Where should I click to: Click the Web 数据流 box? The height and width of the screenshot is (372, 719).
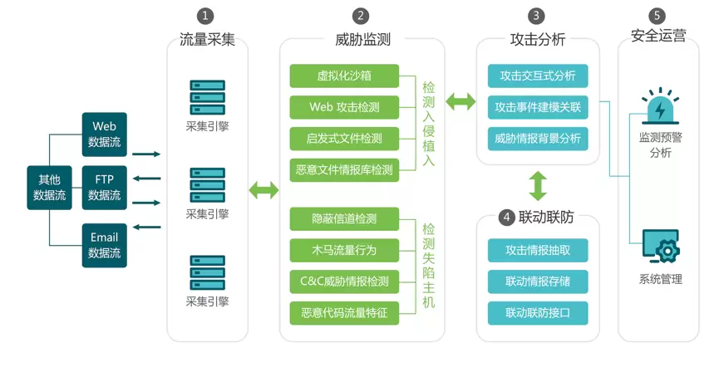tap(104, 134)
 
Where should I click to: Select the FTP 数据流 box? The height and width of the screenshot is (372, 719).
tap(104, 188)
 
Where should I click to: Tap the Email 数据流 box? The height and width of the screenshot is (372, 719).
tap(104, 245)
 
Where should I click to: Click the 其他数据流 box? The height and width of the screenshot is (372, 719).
tap(49, 188)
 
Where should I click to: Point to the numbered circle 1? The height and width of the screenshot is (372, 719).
tap(205, 16)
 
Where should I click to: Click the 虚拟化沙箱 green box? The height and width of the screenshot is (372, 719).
tap(344, 76)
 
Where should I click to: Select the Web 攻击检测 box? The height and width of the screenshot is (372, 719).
tap(344, 107)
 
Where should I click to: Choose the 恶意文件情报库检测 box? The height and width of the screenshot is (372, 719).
tap(344, 170)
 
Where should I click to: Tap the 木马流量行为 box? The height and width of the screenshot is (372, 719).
tap(344, 250)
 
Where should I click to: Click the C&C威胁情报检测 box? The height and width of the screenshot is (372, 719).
tap(344, 281)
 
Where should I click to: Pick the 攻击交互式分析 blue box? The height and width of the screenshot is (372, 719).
tap(538, 76)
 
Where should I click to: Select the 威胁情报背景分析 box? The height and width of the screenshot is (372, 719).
tap(538, 138)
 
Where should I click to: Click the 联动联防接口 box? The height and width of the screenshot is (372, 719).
tap(538, 313)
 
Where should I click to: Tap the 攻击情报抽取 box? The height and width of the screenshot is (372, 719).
tap(538, 250)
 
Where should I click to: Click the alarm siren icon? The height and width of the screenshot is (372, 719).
tap(660, 108)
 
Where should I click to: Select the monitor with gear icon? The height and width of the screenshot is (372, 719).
tap(660, 248)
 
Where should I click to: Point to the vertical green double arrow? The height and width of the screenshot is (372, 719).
tap(538, 186)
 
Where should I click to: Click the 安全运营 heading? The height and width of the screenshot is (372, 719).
tap(657, 37)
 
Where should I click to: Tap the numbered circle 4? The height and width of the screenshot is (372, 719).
tap(506, 218)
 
